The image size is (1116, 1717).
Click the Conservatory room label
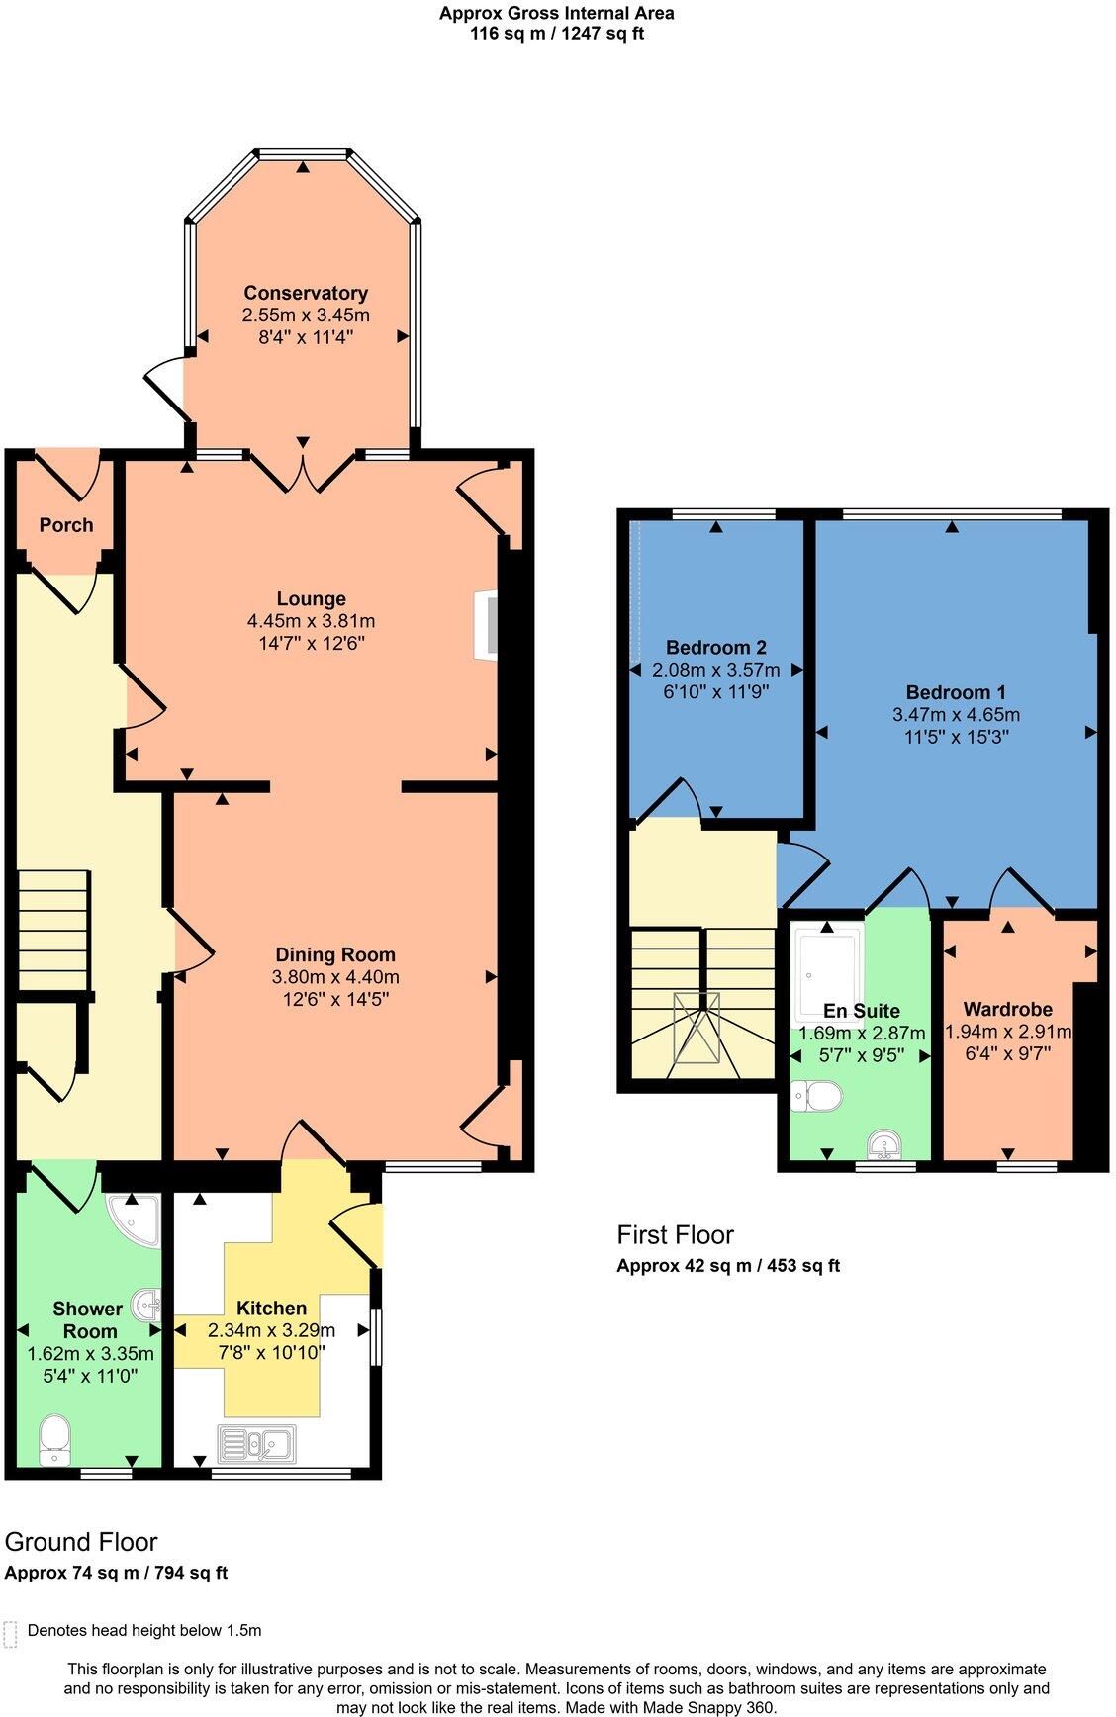pyautogui.click(x=306, y=293)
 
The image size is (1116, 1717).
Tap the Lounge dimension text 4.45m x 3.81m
pyautogui.click(x=311, y=621)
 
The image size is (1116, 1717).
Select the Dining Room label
pyautogui.click(x=335, y=954)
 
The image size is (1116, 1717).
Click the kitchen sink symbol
pyautogui.click(x=256, y=1444)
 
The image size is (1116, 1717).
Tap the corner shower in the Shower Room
pyautogui.click(x=136, y=1220)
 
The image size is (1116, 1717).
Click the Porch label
pyautogui.click(x=66, y=525)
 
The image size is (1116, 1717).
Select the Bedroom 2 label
pyautogui.click(x=716, y=648)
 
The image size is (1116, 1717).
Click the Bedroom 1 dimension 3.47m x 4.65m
pyautogui.click(x=956, y=714)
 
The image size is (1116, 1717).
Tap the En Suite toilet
pyautogui.click(x=817, y=1096)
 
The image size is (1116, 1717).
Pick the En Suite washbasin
pyautogui.click(x=883, y=1145)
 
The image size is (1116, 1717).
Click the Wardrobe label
pyautogui.click(x=1007, y=1010)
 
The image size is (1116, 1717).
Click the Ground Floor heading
pyautogui.click(x=81, y=1542)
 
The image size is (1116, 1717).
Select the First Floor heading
pyautogui.click(x=675, y=1234)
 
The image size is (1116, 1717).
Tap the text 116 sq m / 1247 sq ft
pyautogui.click(x=557, y=33)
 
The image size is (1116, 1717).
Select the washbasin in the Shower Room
pyautogui.click(x=148, y=1306)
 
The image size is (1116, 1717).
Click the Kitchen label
pyautogui.click(x=271, y=1308)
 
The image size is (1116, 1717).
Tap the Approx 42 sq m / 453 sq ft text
pyautogui.click(x=728, y=1265)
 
